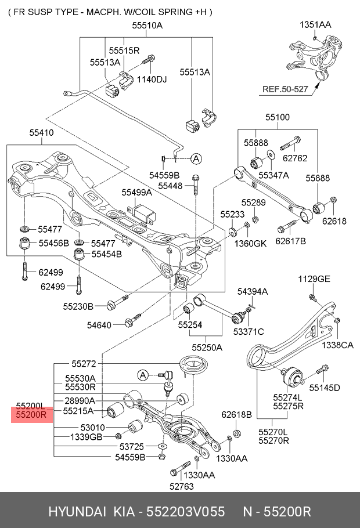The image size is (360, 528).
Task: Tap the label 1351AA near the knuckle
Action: (x=315, y=25)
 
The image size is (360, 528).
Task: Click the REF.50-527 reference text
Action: (x=286, y=89)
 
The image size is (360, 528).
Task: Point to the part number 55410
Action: (x=41, y=133)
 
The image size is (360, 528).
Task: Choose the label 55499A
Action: (x=136, y=192)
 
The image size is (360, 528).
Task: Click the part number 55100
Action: (x=278, y=117)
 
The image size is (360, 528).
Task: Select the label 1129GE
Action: (x=314, y=279)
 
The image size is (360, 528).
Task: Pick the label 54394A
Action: (x=252, y=291)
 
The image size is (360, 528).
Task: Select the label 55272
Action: (x=84, y=364)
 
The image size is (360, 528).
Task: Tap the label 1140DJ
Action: (x=151, y=79)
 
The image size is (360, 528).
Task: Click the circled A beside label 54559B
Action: (x=196, y=158)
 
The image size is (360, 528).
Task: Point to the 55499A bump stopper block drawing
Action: (x=143, y=213)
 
